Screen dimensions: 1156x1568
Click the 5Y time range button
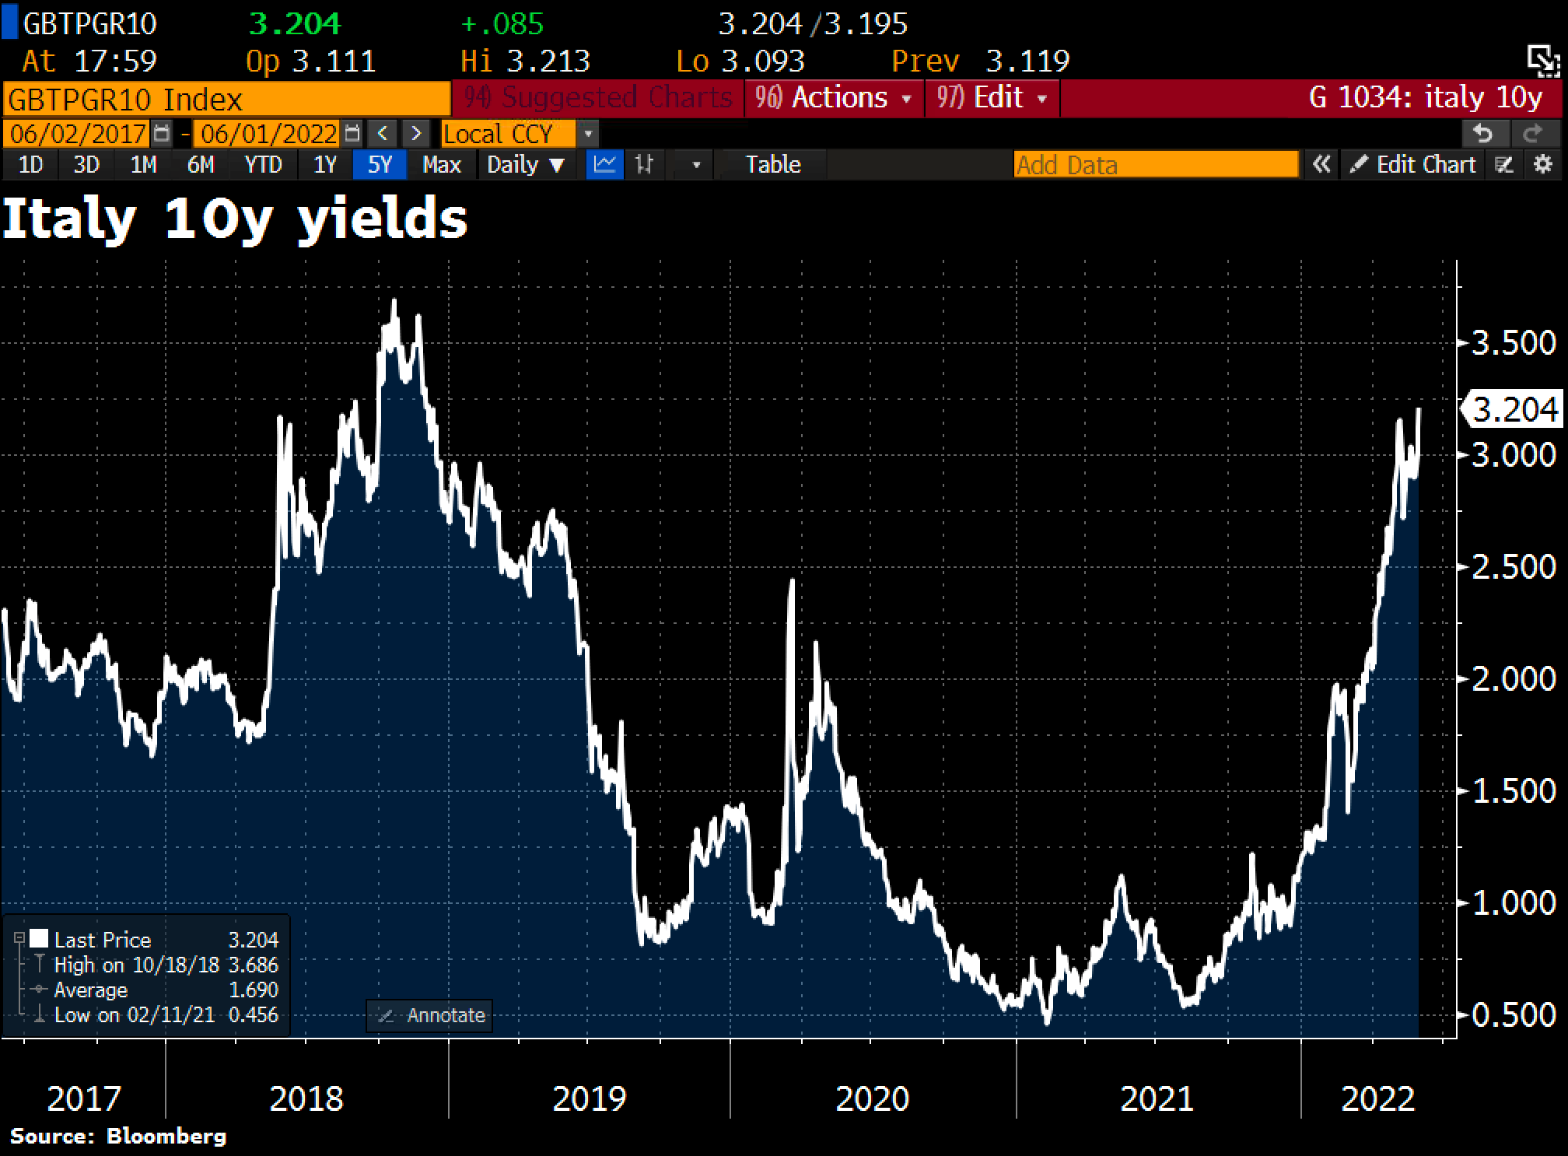coord(379,165)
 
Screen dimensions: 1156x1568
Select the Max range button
coord(441,165)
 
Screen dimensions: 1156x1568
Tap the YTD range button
coord(263,165)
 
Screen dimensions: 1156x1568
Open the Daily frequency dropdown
coord(525,165)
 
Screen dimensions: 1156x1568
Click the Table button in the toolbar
coord(772,165)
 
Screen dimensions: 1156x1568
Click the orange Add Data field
coord(1156,165)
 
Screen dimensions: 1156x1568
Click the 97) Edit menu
coord(992,98)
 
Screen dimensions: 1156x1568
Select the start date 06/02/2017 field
coord(78,134)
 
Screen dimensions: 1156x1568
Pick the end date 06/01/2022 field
coord(268,134)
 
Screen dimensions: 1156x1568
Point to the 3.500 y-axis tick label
coord(1514,343)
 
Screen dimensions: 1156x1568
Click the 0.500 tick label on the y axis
coord(1514,1015)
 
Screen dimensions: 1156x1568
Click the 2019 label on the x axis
coord(589,1098)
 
